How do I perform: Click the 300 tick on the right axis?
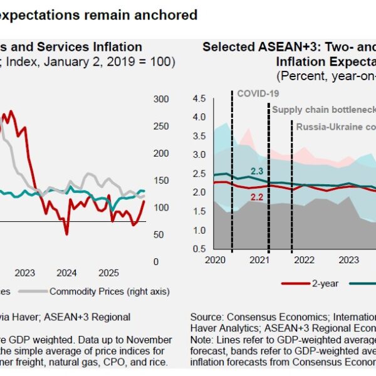point(161,99)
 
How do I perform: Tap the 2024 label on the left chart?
point(66,273)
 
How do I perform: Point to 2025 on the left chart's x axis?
point(109,273)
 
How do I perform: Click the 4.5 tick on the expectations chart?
point(199,98)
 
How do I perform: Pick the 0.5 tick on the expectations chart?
point(199,249)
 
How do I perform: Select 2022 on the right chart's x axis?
point(304,259)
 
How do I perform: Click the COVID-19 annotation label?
point(257,93)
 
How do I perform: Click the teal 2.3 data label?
point(257,170)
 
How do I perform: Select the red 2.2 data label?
point(257,197)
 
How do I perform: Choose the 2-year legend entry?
point(325,283)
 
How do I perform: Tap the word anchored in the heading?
point(167,14)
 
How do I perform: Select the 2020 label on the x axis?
point(215,259)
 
